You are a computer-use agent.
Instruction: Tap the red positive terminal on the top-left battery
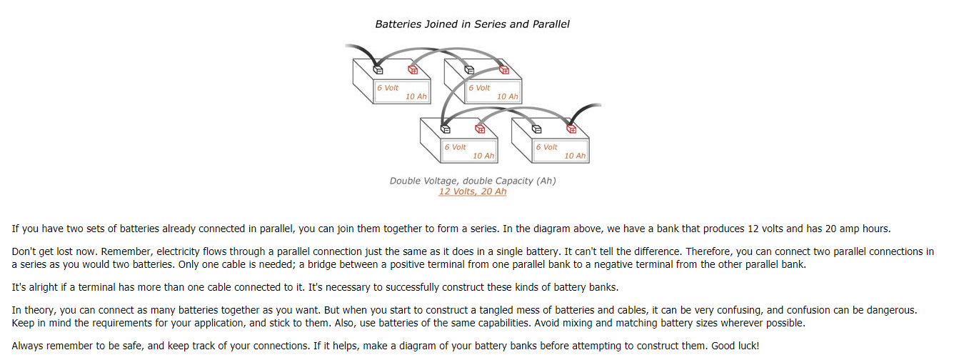coord(412,69)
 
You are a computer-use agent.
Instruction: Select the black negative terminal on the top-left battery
coord(378,69)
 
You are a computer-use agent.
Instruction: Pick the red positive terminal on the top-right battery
coord(503,69)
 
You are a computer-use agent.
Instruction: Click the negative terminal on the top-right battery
coord(469,69)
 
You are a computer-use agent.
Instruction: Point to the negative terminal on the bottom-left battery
coord(446,129)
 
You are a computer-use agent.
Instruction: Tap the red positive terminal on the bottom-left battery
coord(480,129)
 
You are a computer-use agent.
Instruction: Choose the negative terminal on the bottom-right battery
coord(537,129)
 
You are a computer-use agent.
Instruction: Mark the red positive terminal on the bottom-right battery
coord(571,129)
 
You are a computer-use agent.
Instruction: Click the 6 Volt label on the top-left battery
coord(388,88)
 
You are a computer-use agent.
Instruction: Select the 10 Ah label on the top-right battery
coord(507,96)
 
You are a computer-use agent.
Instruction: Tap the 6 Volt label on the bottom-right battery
coord(546,147)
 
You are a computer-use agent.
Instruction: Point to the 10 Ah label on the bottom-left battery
coord(483,156)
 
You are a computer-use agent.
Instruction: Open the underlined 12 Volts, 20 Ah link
coord(472,191)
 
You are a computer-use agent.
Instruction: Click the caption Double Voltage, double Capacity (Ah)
coord(472,181)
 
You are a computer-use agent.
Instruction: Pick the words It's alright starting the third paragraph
coord(35,286)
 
